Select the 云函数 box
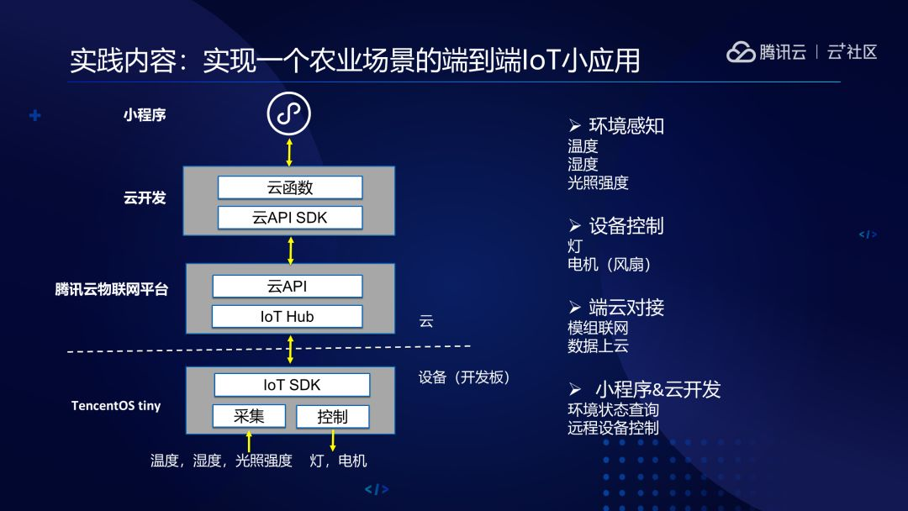tap(290, 187)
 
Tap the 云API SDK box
tap(290, 218)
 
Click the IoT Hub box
tap(288, 317)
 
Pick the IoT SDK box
tap(292, 385)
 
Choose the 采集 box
tap(249, 416)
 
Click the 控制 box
tap(332, 416)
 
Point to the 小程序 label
tap(145, 115)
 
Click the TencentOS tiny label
tap(116, 406)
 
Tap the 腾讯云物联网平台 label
tap(112, 290)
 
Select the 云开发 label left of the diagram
tap(145, 198)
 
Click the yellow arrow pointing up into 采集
tap(249, 440)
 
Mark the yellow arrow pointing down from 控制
tap(333, 440)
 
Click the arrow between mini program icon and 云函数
tap(289, 151)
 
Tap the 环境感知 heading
tap(626, 126)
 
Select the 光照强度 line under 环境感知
tap(598, 182)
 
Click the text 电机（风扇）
tap(610, 264)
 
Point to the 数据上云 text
tap(598, 345)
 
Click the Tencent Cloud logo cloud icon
tap(741, 52)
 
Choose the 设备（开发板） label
tap(464, 377)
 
